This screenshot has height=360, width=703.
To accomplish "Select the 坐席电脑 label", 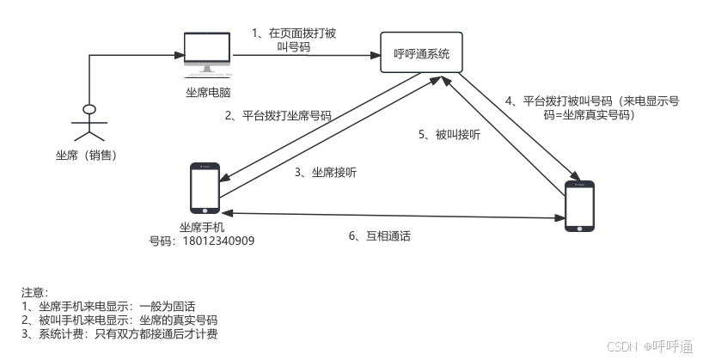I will pyautogui.click(x=207, y=91).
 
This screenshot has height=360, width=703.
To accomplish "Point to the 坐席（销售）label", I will pyautogui.click(x=86, y=156).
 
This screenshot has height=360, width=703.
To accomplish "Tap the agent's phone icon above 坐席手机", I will pyautogui.click(x=205, y=189).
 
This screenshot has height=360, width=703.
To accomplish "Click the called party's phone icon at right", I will pyautogui.click(x=578, y=206).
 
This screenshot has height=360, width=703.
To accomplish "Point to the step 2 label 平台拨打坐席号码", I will pyautogui.click(x=278, y=115).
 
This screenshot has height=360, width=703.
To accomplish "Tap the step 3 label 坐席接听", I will pyautogui.click(x=326, y=173).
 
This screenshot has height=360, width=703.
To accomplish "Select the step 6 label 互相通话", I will pyautogui.click(x=379, y=235).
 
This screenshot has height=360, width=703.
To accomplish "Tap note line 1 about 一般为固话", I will pyautogui.click(x=109, y=306).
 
